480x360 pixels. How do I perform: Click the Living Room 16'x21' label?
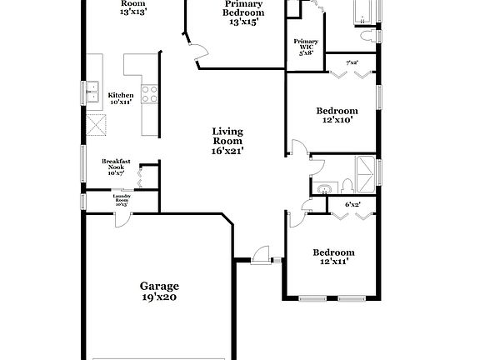click(x=227, y=141)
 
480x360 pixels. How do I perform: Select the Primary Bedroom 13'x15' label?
click(x=243, y=12)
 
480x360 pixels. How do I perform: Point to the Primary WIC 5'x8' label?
click(x=306, y=46)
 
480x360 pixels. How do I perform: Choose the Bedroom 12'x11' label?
click(x=333, y=257)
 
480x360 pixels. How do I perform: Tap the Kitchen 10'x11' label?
click(x=120, y=98)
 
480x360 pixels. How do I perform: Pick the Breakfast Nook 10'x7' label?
click(x=116, y=167)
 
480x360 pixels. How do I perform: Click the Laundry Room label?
click(x=122, y=199)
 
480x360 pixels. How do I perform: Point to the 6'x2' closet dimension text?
click(x=352, y=204)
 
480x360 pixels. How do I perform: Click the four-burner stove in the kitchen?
click(x=150, y=95)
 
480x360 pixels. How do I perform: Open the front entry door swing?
click(x=261, y=255)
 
